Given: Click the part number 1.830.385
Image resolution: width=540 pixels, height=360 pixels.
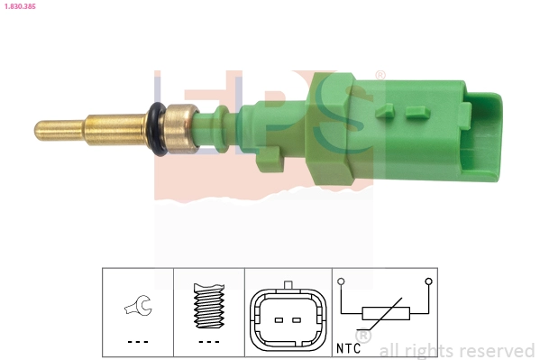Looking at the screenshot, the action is [20, 6].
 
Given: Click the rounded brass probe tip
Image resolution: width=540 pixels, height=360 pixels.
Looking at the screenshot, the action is [41, 130].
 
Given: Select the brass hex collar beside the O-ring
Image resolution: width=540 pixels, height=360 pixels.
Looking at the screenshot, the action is [181, 129].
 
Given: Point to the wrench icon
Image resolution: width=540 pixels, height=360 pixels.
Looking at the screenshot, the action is [139, 305].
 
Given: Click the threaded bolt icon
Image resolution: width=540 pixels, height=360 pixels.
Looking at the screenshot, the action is [209, 306].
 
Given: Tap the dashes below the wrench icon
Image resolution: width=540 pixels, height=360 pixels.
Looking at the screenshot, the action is [138, 342].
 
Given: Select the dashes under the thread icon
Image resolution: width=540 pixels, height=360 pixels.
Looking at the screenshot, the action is [209, 342].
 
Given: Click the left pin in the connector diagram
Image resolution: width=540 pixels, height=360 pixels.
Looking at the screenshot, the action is [279, 320].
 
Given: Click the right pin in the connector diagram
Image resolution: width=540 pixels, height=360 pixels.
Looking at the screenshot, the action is [297, 320].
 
